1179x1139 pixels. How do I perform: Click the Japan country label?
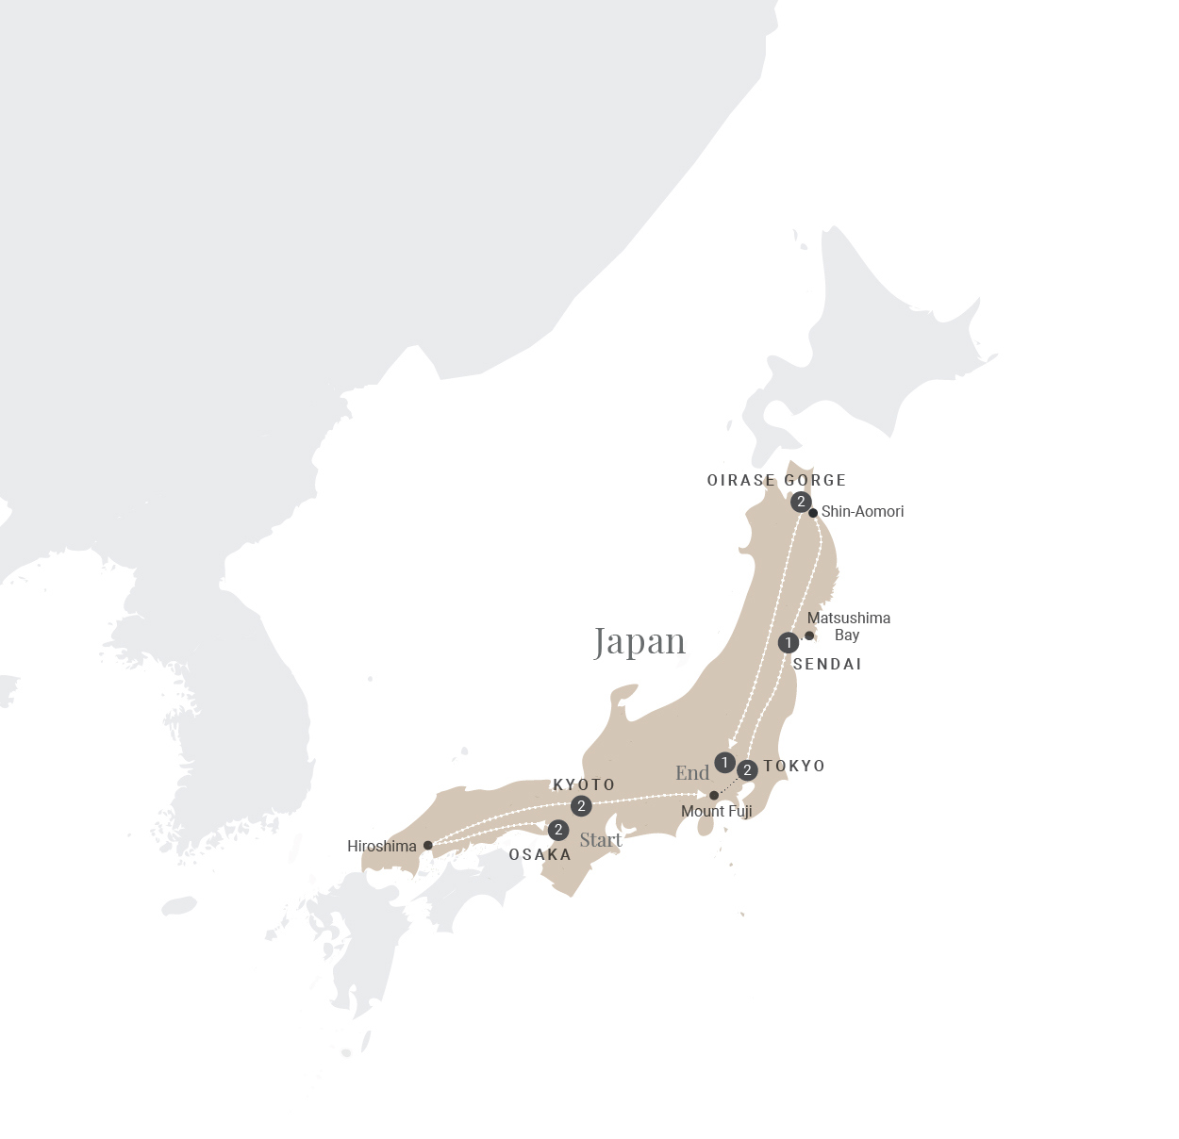[x=639, y=642]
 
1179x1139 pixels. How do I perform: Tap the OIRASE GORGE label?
[x=776, y=480]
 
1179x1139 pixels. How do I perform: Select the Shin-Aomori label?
[x=862, y=511]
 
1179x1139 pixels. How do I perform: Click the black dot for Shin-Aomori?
[x=813, y=513]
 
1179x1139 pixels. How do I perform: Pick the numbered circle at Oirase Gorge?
[x=801, y=502]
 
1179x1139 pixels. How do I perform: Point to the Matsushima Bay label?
[x=848, y=626]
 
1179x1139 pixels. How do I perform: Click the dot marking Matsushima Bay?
[x=809, y=636]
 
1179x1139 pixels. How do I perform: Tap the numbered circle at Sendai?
[x=789, y=643]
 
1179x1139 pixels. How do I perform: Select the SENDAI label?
[x=827, y=664]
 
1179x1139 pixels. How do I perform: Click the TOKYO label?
[x=794, y=766]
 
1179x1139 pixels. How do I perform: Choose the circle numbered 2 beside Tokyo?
[x=747, y=771]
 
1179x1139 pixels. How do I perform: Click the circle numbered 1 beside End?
[x=724, y=762]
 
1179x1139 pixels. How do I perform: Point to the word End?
[x=692, y=773]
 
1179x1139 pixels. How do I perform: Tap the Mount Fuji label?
[x=716, y=811]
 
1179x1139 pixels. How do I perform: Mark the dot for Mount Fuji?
[x=714, y=796]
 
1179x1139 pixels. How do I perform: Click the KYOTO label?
[x=584, y=784]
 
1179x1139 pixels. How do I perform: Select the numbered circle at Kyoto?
[x=581, y=806]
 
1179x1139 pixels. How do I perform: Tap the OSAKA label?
[x=540, y=854]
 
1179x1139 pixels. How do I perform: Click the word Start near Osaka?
[x=601, y=840]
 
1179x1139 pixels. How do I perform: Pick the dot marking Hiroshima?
[x=427, y=846]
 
